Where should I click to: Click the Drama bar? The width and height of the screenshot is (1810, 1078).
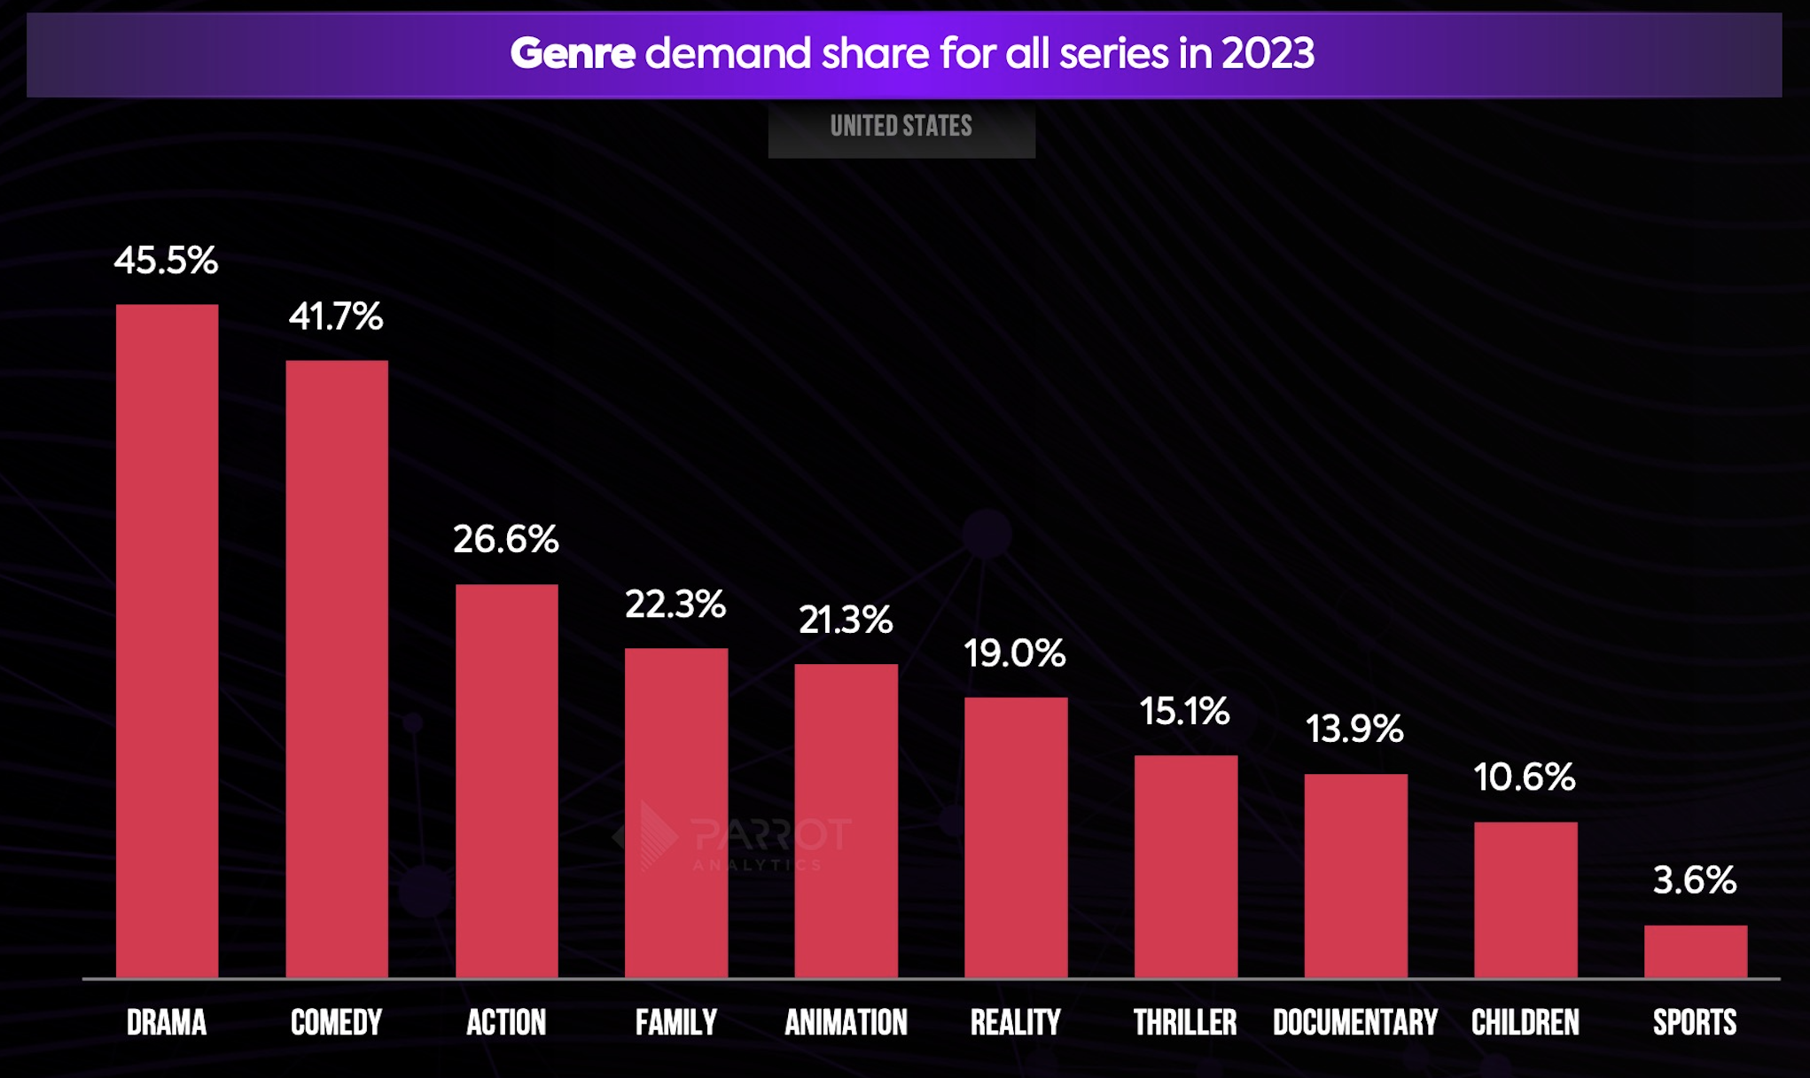click(x=167, y=640)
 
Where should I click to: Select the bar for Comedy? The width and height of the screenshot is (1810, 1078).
click(x=337, y=668)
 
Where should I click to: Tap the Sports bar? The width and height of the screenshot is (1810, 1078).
click(x=1695, y=950)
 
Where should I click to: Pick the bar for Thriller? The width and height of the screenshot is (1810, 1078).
click(x=1185, y=865)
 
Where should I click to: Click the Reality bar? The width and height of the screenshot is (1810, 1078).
click(x=1016, y=837)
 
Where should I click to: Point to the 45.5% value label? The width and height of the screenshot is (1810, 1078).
click(x=166, y=261)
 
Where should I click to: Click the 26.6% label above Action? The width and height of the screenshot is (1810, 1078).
click(x=506, y=539)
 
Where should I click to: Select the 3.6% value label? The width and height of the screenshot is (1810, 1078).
click(x=1695, y=880)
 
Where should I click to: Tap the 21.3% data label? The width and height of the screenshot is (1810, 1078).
click(x=846, y=620)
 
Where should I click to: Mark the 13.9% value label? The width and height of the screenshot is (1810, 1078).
click(x=1354, y=729)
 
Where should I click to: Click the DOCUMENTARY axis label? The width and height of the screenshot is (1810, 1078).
click(x=1354, y=1023)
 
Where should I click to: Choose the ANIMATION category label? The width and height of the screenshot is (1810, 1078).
click(x=846, y=1023)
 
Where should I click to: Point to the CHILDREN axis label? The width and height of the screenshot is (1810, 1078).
click(x=1525, y=1023)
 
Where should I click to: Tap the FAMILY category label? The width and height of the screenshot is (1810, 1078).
click(x=675, y=1023)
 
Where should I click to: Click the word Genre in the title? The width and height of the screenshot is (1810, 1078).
click(x=573, y=53)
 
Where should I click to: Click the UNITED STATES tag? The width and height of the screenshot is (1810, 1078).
click(x=901, y=127)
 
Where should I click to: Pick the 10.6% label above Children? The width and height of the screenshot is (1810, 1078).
click(x=1525, y=777)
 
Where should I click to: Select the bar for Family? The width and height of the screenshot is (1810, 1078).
click(x=675, y=812)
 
